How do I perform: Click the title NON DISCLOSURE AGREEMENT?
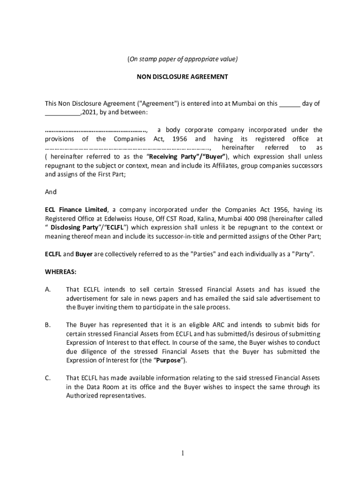pyautogui.click(x=182, y=77)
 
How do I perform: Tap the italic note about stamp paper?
pyautogui.click(x=182, y=59)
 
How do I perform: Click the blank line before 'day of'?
pyautogui.click(x=290, y=104)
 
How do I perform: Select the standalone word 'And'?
pyautogui.click(x=50, y=192)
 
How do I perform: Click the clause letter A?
pyautogui.click(x=48, y=290)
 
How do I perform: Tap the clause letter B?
pyautogui.click(x=48, y=325)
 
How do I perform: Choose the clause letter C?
pyautogui.click(x=48, y=377)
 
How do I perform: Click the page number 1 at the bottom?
pyautogui.click(x=183, y=453)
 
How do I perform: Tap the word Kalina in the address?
pyautogui.click(x=203, y=218)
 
